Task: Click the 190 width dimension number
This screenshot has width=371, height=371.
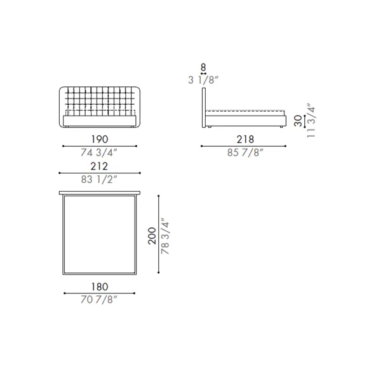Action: tap(100, 139)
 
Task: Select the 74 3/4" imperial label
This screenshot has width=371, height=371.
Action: tap(99, 152)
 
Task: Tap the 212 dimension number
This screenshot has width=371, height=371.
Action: tap(99, 166)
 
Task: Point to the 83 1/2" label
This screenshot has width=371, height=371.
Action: tap(99, 179)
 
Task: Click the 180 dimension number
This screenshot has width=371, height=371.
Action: tap(100, 287)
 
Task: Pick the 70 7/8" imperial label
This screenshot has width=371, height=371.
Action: tap(99, 300)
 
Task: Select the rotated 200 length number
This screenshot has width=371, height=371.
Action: tap(152, 236)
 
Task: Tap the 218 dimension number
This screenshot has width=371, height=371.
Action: tap(245, 139)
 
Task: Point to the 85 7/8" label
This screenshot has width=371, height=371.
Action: tap(245, 152)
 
